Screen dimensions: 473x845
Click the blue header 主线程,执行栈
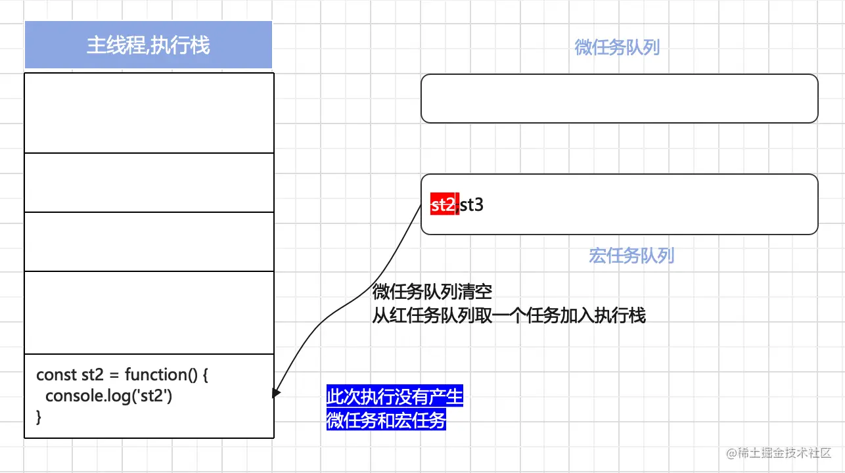pyautogui.click(x=148, y=45)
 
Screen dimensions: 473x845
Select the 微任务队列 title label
pyautogui.click(x=617, y=47)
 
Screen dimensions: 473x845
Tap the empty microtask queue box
pyautogui.click(x=619, y=99)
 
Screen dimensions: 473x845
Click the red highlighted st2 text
pyautogui.click(x=444, y=205)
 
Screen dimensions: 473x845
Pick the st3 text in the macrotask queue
pyautogui.click(x=472, y=205)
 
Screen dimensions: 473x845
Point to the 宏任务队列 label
pyautogui.click(x=631, y=256)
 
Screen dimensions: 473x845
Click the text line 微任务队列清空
pyautogui.click(x=432, y=292)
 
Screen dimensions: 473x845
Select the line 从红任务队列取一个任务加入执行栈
pyautogui.click(x=509, y=315)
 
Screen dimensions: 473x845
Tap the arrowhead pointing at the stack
pyautogui.click(x=276, y=392)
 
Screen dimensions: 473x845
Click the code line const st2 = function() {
pyautogui.click(x=122, y=375)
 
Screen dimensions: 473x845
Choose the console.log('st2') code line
pyautogui.click(x=108, y=396)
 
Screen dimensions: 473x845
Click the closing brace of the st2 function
pyautogui.click(x=39, y=417)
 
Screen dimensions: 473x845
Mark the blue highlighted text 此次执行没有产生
pyautogui.click(x=395, y=397)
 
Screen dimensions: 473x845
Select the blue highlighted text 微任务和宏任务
pyautogui.click(x=386, y=420)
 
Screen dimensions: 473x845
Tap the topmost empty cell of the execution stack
pyautogui.click(x=148, y=112)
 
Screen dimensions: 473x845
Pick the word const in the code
pyautogui.click(x=56, y=375)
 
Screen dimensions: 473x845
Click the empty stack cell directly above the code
pyautogui.click(x=148, y=313)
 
